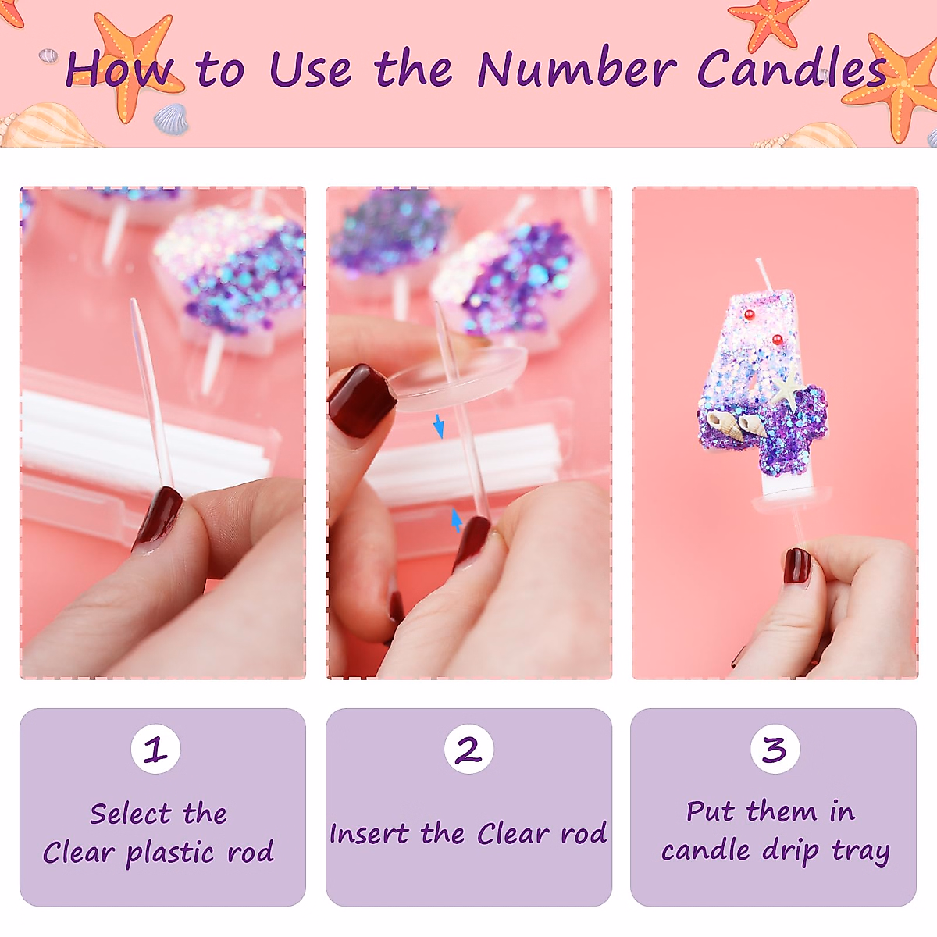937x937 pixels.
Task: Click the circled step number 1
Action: [155, 750]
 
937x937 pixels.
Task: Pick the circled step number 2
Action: [468, 750]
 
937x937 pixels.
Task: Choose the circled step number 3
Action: [775, 750]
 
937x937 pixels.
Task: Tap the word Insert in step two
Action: [368, 834]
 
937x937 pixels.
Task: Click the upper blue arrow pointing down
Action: [439, 426]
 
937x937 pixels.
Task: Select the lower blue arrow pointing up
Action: [457, 520]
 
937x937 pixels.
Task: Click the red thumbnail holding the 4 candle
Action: [797, 565]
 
